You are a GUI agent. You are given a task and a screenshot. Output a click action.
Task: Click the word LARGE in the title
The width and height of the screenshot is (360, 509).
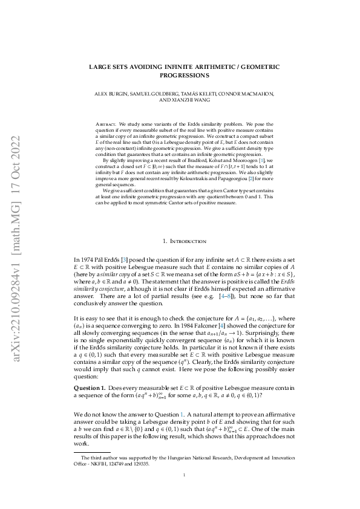click(x=100, y=67)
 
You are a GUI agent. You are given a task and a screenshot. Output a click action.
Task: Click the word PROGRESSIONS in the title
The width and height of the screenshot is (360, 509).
click(x=180, y=76)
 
